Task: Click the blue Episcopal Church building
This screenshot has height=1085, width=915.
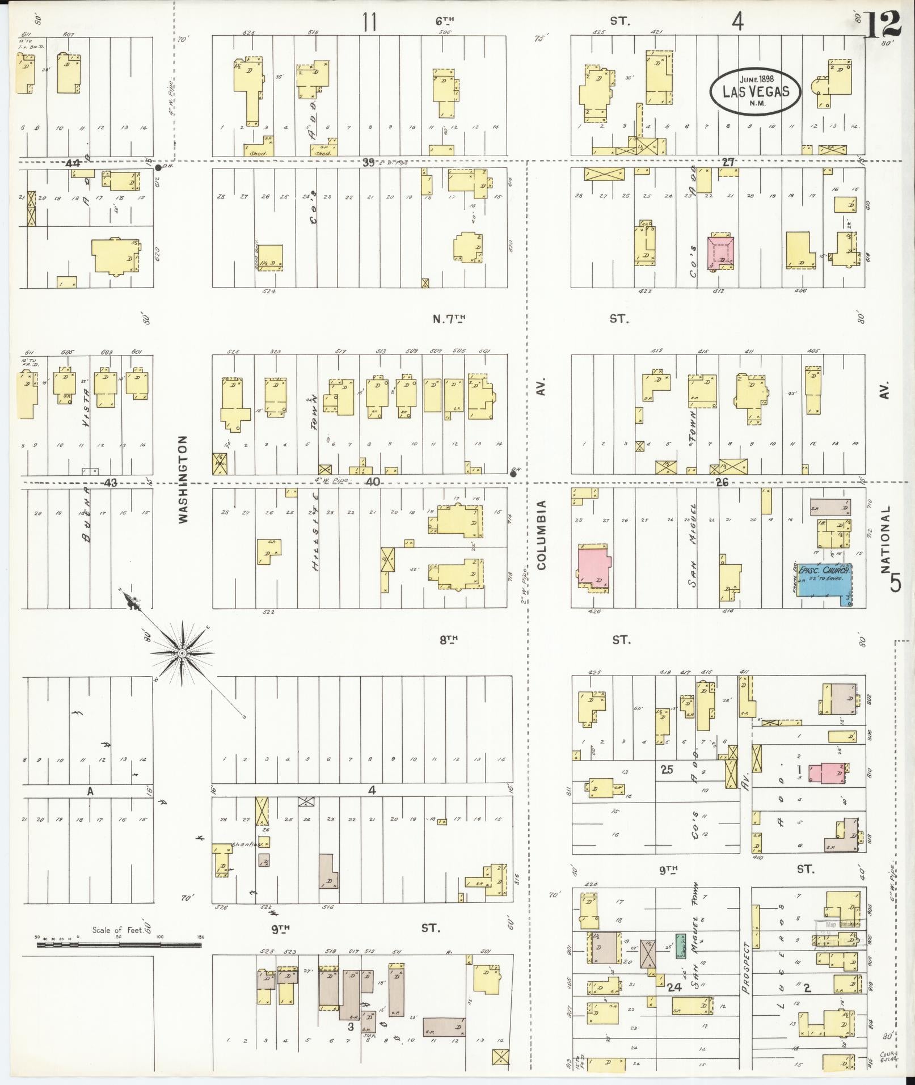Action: [x=823, y=584]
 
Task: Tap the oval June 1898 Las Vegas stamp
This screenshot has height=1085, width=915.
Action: [x=756, y=91]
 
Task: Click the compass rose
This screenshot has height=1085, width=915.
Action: [x=182, y=653]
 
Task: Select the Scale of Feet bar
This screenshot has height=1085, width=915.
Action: [x=120, y=945]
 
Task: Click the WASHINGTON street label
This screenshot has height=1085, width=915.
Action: [x=183, y=479]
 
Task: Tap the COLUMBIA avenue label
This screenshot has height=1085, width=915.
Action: [x=541, y=534]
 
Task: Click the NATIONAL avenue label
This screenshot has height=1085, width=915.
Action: [x=886, y=538]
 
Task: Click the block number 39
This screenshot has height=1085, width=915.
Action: [x=369, y=163]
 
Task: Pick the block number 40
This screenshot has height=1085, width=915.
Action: [x=372, y=482]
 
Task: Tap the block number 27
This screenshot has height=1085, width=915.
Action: [x=728, y=162]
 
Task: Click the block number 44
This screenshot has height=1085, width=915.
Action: [x=73, y=163]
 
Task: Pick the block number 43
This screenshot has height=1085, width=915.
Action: [x=111, y=483]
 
